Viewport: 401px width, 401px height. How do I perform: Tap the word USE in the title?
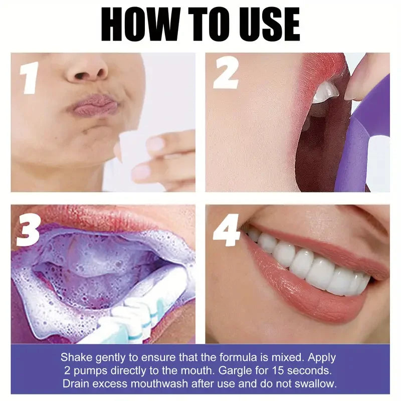click(x=268, y=24)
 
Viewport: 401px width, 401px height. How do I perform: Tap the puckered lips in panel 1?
click(x=95, y=106)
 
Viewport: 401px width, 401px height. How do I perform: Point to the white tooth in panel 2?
click(x=325, y=92)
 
